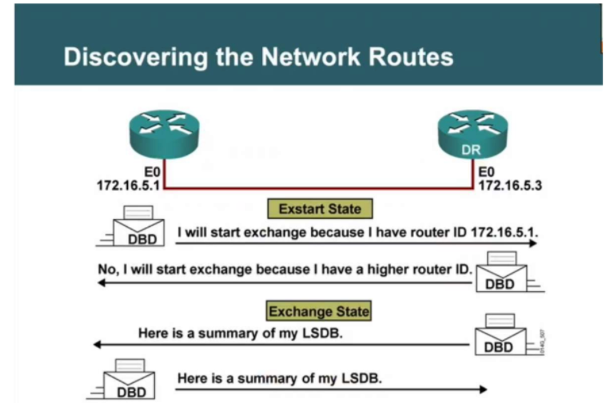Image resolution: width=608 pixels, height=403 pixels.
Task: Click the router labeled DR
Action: [x=470, y=135]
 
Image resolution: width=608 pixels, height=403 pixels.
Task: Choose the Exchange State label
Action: [x=318, y=311]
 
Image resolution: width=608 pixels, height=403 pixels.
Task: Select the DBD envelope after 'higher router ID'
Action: [x=502, y=274]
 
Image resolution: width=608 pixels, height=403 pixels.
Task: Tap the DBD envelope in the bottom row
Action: [x=129, y=382]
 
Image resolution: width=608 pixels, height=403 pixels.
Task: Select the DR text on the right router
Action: [x=470, y=150]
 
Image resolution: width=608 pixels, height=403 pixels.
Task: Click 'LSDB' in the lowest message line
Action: [x=364, y=378]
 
